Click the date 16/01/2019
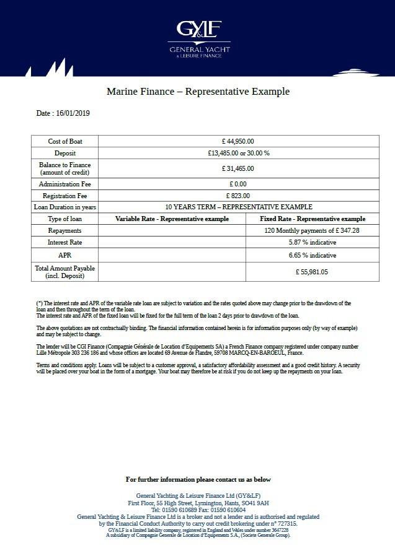click(x=73, y=113)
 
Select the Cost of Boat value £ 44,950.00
click(x=238, y=142)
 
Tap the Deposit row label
click(x=64, y=153)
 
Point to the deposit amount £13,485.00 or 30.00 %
click(x=238, y=153)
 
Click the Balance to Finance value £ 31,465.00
click(x=238, y=168)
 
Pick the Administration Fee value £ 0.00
click(x=238, y=184)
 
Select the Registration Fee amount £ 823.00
click(x=238, y=196)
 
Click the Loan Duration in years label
click(x=64, y=207)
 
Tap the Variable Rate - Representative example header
click(x=172, y=219)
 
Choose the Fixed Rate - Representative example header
click(x=313, y=219)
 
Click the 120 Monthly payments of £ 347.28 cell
click(x=312, y=230)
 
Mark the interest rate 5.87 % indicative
click(x=313, y=242)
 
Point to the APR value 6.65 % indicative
click(x=313, y=254)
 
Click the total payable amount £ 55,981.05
click(x=312, y=271)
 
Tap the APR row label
click(x=64, y=254)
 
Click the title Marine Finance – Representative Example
click(x=198, y=92)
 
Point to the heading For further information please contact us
click(x=198, y=479)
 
